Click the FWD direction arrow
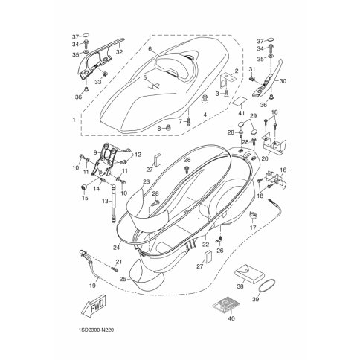click(x=95, y=306)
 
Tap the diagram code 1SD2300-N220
click(x=96, y=330)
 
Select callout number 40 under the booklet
click(x=231, y=318)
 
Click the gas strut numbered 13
click(x=115, y=203)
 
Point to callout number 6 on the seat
click(x=150, y=49)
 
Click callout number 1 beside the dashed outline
click(x=74, y=120)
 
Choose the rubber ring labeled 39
click(x=266, y=286)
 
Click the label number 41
click(x=241, y=113)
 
